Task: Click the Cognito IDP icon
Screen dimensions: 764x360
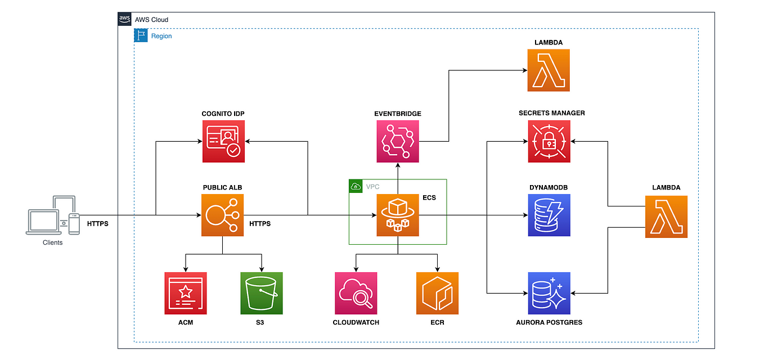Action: tap(223, 141)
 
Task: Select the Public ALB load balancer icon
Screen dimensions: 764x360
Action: tap(222, 215)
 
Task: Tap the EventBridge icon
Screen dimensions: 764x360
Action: tap(398, 141)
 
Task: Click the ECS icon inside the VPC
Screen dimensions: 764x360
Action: tap(398, 215)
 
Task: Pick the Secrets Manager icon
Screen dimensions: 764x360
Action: tap(549, 141)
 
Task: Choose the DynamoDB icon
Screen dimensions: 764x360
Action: tap(549, 215)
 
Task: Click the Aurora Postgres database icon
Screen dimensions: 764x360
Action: tap(549, 293)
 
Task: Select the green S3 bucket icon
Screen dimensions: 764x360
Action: tap(262, 293)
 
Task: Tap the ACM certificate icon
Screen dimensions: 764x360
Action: tap(186, 293)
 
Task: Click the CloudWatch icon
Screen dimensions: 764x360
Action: tap(356, 293)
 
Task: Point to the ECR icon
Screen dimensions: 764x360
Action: tap(437, 293)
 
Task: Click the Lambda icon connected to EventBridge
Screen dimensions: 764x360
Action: tap(549, 70)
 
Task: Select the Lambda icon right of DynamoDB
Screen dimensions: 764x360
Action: tap(666, 217)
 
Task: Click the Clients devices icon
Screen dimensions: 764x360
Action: tap(53, 215)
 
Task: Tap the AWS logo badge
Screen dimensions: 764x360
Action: tap(124, 19)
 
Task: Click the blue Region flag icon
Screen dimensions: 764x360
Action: tap(141, 35)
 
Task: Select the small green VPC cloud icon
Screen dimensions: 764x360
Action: tap(356, 187)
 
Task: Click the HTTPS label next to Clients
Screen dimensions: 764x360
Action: tap(97, 224)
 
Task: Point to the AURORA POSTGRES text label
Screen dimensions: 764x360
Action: tap(549, 322)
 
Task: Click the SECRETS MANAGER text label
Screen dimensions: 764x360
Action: tap(551, 113)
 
